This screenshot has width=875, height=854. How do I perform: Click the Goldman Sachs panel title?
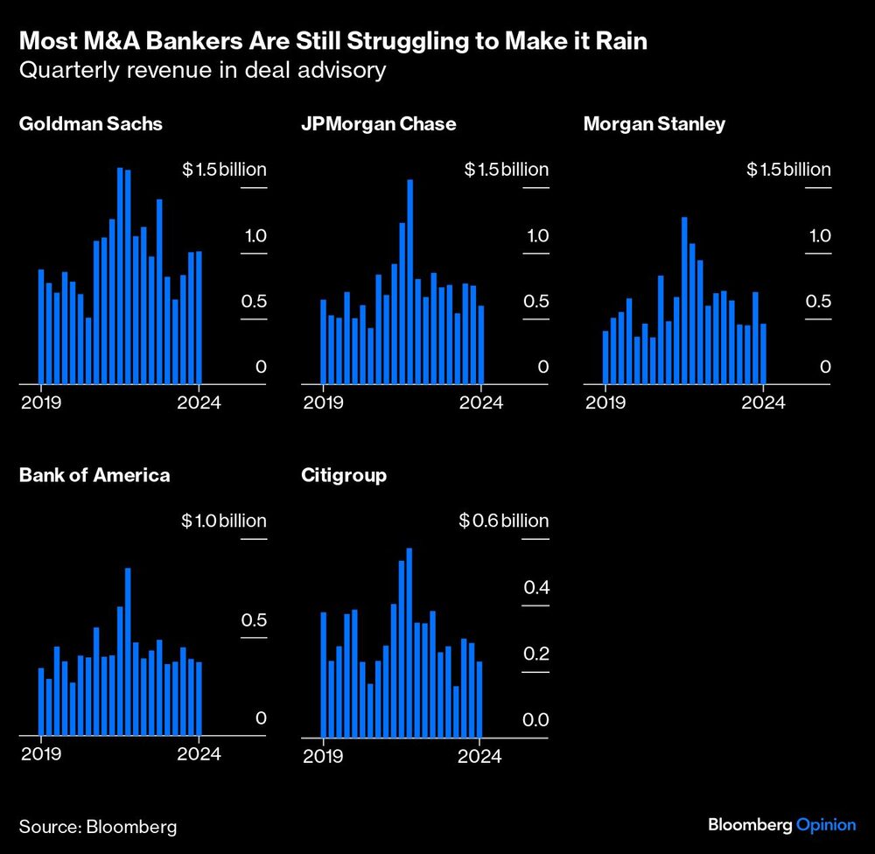coord(90,124)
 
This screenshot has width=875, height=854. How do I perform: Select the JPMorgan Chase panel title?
coord(378,124)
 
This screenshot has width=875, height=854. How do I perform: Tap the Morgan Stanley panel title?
coord(654,124)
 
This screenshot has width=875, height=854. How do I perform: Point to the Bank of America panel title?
coord(94,476)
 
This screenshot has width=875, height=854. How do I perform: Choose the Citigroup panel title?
coord(344,476)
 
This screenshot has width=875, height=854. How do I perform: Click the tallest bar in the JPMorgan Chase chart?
coord(409,280)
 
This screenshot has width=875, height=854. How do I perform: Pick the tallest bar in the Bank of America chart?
coord(128,652)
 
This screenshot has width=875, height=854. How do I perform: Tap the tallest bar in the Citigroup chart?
coord(409,642)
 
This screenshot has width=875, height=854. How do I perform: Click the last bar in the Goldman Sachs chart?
coord(199,318)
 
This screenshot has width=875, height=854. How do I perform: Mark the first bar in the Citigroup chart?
coord(323,675)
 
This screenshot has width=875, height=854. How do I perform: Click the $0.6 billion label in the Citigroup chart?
coord(503,521)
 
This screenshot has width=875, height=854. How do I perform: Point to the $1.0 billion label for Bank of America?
coord(223,521)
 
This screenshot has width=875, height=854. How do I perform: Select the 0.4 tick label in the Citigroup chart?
coord(535,587)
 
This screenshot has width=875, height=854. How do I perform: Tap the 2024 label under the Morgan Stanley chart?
coord(764,402)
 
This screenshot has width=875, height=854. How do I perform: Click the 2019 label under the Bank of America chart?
coord(40,755)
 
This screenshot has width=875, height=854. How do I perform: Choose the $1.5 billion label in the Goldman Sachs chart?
coord(223,170)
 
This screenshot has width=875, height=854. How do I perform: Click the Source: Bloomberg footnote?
coord(98,826)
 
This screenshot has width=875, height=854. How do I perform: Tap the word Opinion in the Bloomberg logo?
coord(825,825)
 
